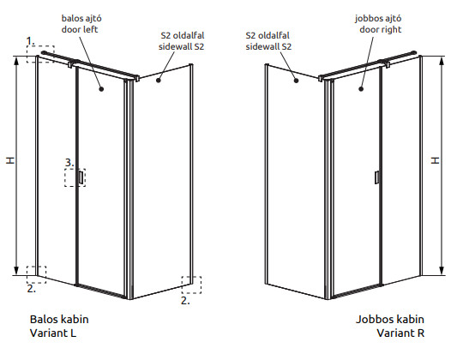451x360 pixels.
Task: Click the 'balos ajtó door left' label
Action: (81, 24)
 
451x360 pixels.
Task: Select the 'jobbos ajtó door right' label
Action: (378, 24)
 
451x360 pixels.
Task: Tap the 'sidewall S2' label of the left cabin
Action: (182, 41)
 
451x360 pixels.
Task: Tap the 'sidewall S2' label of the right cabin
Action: (268, 41)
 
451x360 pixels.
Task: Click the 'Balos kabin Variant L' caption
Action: (59, 326)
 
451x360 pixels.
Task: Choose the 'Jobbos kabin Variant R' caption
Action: (390, 326)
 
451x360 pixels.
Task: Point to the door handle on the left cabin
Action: (81, 177)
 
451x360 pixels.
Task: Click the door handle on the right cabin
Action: (376, 177)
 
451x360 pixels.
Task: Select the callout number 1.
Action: (30, 41)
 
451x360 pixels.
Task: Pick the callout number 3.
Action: (69, 163)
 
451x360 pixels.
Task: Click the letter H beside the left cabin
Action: (10, 160)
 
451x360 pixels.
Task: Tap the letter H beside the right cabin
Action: (436, 160)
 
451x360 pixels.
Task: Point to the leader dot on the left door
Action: (101, 89)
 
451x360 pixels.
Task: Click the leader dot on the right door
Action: (361, 89)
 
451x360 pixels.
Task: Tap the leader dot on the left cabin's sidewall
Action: (159, 81)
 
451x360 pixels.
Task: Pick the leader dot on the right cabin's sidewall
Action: (297, 81)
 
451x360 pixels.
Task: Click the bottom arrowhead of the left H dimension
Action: (16, 270)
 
